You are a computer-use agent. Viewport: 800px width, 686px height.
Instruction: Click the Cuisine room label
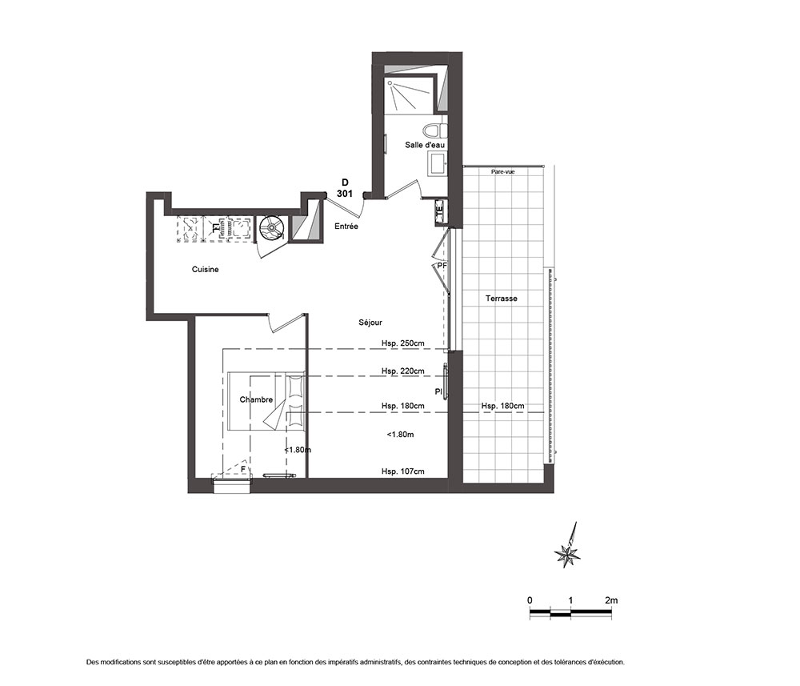coord(205,269)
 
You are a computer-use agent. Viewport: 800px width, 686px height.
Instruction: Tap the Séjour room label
coord(370,323)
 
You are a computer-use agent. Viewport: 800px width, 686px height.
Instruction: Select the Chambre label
coord(256,399)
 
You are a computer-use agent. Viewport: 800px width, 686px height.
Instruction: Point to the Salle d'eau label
coord(425,145)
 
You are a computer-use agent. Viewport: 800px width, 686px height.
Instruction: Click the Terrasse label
coord(501,299)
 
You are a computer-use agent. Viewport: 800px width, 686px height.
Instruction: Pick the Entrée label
coord(346,226)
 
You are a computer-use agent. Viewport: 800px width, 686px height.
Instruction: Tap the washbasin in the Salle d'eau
coord(438,163)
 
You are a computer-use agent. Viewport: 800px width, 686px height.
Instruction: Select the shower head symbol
coord(390,82)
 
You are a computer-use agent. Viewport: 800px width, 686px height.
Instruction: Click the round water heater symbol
coord(271,227)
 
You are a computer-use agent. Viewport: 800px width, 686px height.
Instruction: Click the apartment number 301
coord(344,194)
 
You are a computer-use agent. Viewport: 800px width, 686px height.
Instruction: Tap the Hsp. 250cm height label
coord(402,343)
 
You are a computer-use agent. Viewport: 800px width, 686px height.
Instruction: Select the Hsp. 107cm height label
coord(402,471)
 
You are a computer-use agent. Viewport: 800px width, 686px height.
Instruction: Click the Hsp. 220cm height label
coord(402,371)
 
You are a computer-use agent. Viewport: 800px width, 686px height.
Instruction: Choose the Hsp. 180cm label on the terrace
coord(502,406)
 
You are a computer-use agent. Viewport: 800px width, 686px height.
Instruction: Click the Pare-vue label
coord(502,172)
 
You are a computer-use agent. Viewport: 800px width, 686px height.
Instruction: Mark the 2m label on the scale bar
coord(610,600)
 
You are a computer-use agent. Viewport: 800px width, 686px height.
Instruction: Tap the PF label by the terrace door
coord(442,266)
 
